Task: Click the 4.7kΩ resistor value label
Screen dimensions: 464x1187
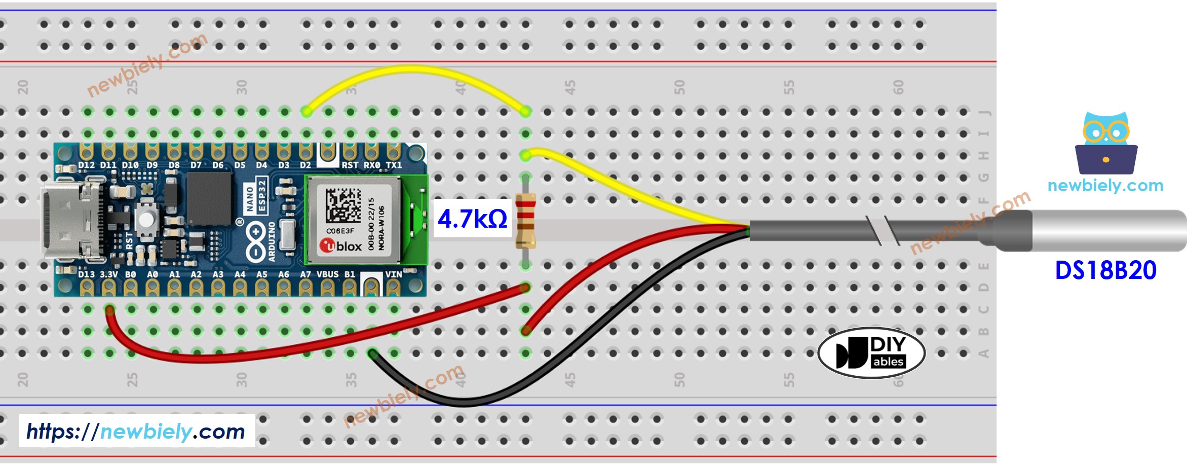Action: click(x=472, y=219)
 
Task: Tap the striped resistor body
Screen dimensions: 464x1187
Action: click(x=525, y=221)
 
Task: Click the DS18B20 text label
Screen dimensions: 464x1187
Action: click(x=1105, y=270)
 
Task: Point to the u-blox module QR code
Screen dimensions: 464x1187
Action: click(x=343, y=205)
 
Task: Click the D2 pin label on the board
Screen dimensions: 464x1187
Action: click(x=305, y=165)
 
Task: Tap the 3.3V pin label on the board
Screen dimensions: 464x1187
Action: click(x=108, y=274)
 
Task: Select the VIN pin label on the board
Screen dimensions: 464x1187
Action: click(x=393, y=274)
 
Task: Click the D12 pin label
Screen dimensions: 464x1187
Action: click(x=86, y=165)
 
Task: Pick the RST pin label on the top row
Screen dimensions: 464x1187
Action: click(x=349, y=165)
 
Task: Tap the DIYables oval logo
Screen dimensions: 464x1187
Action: click(x=871, y=352)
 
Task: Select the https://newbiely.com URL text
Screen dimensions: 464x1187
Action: click(x=136, y=432)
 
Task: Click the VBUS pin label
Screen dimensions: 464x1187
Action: click(x=327, y=274)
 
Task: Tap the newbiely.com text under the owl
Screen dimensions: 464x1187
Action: click(x=1105, y=186)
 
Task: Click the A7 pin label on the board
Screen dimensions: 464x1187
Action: click(x=305, y=274)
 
